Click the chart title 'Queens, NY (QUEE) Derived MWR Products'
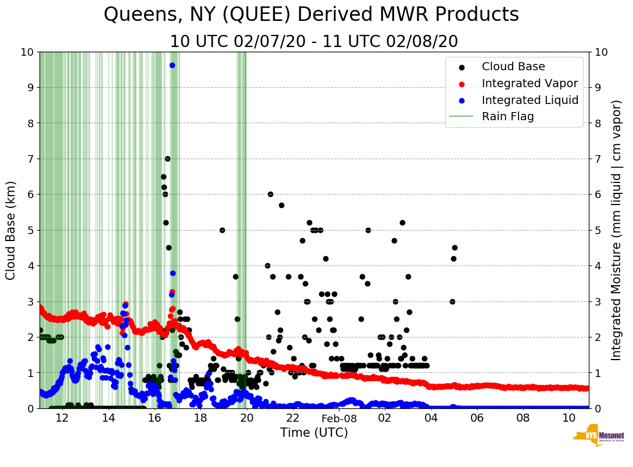[311, 15]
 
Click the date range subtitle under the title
[314, 42]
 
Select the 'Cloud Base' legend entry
[513, 67]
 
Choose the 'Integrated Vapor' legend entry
[530, 83]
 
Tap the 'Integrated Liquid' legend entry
[530, 100]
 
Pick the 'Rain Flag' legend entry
[507, 116]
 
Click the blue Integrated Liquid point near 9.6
[172, 65]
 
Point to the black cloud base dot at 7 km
[167, 159]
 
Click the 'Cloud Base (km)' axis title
[11, 230]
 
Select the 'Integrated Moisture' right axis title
[617, 230]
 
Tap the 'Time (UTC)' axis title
[314, 433]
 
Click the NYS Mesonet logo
[598, 438]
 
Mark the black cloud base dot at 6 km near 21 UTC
[270, 194]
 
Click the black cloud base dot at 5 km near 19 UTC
[222, 230]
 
